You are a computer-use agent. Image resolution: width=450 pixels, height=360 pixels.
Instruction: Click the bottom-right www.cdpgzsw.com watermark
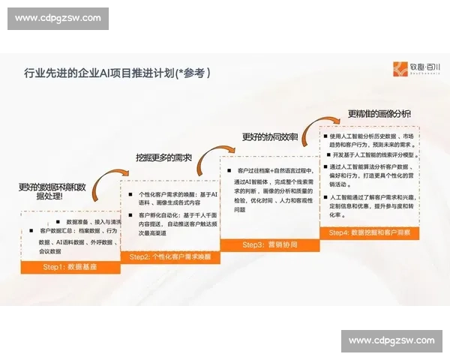coord(391,341)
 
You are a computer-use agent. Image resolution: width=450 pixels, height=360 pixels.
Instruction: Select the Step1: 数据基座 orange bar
coord(70,268)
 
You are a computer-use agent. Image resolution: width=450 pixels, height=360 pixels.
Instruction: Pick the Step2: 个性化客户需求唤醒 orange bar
coord(170,257)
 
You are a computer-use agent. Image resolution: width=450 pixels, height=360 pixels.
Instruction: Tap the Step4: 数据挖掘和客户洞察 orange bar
coord(370,234)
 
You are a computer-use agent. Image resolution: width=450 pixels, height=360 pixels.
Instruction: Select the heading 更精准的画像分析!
coord(379,114)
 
